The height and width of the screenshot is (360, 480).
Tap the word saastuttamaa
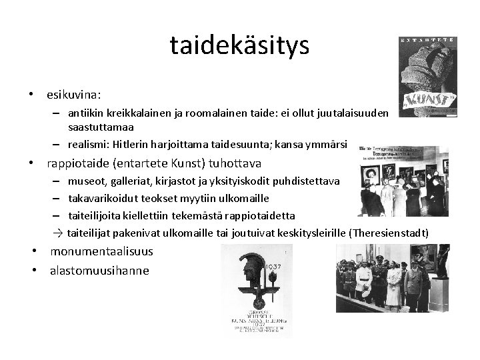click(x=100, y=126)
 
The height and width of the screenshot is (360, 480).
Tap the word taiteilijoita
click(x=94, y=215)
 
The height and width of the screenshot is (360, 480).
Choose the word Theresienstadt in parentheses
click(x=389, y=233)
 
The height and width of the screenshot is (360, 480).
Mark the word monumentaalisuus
click(x=101, y=252)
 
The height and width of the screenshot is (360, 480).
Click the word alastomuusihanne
click(x=99, y=271)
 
